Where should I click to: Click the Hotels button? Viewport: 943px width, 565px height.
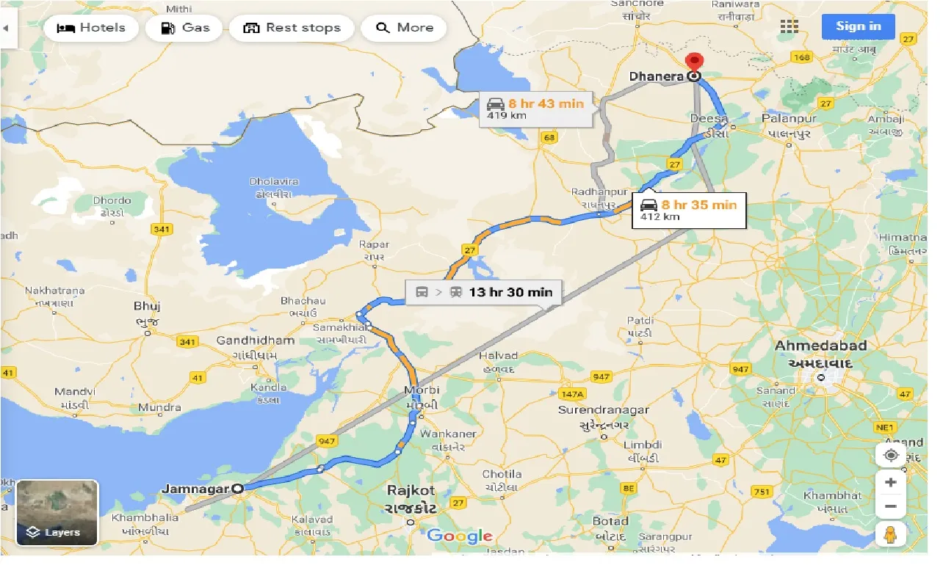tap(91, 28)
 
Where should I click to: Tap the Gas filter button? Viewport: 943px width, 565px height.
tap(184, 28)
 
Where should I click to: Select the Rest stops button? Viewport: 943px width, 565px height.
tap(292, 28)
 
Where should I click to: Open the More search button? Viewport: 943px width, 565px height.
tap(404, 28)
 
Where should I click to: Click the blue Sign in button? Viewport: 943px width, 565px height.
tap(858, 26)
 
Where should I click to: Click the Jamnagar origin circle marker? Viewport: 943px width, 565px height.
tap(237, 488)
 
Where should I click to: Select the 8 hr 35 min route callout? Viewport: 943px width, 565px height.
tap(688, 210)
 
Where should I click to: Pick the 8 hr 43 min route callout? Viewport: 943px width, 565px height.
tap(535, 108)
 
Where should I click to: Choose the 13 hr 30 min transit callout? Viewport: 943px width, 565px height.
tap(484, 292)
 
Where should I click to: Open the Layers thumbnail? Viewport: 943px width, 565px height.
tap(57, 513)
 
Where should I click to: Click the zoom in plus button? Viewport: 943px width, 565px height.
tap(890, 482)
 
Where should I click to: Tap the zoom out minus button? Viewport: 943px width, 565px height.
tap(890, 506)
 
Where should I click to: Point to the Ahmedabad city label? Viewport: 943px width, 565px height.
tap(821, 346)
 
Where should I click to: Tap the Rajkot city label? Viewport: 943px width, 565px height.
tap(411, 490)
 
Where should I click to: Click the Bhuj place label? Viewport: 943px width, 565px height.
tap(147, 306)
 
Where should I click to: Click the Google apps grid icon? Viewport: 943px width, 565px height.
tap(789, 27)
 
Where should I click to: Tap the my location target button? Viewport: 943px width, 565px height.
tap(890, 455)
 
